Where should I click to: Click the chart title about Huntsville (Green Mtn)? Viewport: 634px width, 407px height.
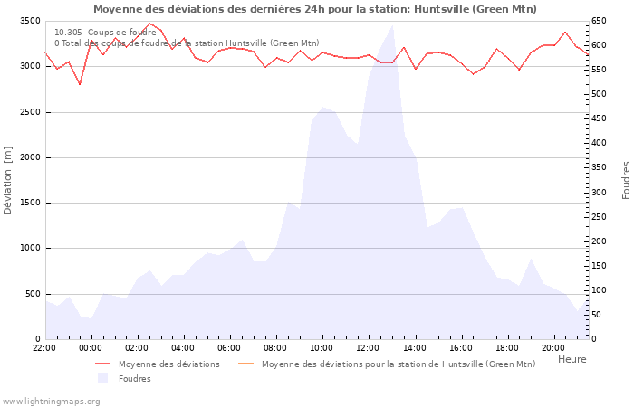point(314,9)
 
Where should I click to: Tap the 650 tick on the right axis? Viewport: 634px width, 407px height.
point(600,21)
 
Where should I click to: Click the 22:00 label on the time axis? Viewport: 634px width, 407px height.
point(44,347)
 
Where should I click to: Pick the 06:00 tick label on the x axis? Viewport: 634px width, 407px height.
point(229,347)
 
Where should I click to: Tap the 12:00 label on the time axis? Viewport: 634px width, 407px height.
point(368,347)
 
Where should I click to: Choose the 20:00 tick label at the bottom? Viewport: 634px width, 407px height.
point(552,347)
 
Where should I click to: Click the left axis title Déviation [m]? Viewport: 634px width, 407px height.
point(8,180)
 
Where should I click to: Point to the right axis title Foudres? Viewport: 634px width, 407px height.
point(626,180)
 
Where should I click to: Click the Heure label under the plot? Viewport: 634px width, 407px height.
point(572,359)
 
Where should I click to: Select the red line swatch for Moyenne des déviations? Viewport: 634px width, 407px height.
point(102,364)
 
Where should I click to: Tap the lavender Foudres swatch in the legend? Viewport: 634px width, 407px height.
point(102,378)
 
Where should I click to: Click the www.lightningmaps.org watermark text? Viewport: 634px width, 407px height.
point(51,401)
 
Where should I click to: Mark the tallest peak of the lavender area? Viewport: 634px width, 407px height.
point(392,25)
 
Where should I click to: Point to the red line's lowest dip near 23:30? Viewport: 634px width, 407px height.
point(80,85)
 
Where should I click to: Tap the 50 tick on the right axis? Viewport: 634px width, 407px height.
point(598,315)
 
